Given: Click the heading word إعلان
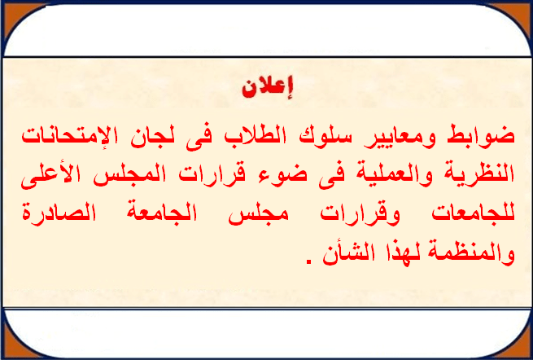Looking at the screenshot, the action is point(267,88).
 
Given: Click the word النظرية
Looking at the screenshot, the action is point(480,174).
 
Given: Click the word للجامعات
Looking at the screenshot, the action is point(473,213).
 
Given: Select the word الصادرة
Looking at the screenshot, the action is point(59,213).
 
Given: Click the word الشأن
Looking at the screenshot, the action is point(348,252).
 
